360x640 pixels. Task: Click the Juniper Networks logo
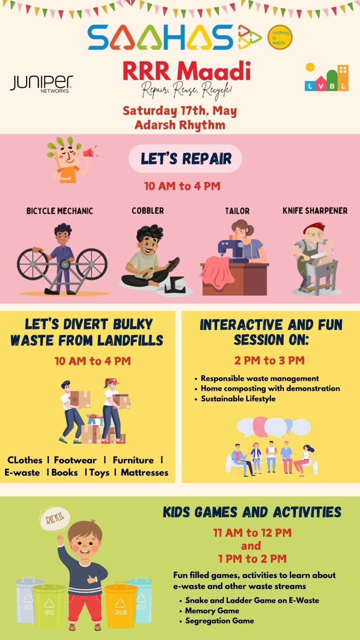coord(42,84)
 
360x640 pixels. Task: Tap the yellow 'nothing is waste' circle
coord(280,37)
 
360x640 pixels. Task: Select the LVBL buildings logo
coord(326,77)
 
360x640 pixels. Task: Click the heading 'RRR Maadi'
coord(186,71)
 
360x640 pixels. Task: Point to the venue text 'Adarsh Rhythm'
coord(180,125)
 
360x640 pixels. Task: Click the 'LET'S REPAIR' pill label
coord(185,158)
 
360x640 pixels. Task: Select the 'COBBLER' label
coord(148,211)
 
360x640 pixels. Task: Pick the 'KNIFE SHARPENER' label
coord(315,211)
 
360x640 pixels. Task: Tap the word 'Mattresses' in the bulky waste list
coord(144,472)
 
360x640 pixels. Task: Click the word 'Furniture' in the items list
coord(133,460)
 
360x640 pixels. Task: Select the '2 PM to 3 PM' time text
coord(270,360)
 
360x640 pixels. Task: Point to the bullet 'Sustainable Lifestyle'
coord(238,399)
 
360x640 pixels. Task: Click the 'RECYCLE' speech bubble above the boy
coord(54,518)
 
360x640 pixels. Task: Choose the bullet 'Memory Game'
coord(212,611)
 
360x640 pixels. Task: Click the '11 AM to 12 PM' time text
coord(252,532)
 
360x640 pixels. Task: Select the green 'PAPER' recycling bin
coord(49,605)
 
